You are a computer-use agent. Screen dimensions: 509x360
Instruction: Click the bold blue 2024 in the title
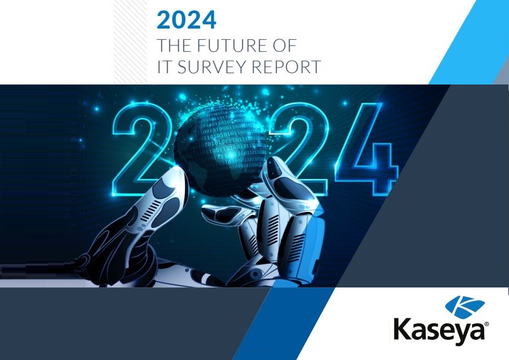click(186, 20)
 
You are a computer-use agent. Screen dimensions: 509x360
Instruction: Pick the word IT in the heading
click(165, 66)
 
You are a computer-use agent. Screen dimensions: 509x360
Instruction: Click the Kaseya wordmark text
click(439, 329)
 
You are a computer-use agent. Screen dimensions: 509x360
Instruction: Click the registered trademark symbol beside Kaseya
click(486, 324)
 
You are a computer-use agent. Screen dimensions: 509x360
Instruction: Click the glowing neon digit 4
click(367, 149)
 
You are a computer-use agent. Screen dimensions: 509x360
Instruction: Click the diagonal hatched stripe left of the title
click(130, 42)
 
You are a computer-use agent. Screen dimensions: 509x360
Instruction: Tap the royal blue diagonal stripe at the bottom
click(283, 323)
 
